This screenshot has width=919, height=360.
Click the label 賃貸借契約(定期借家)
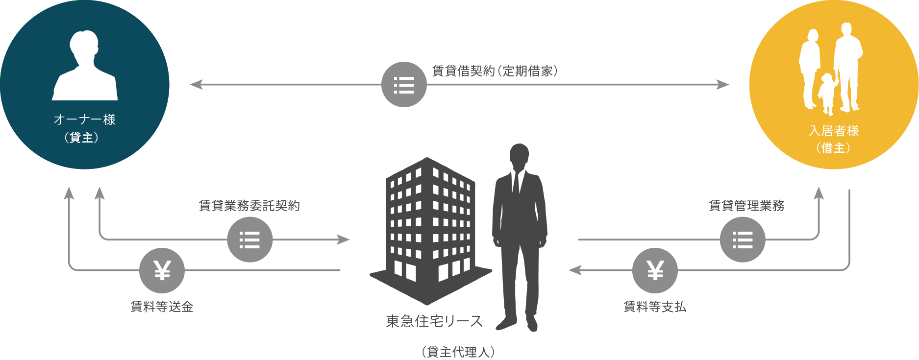click(495, 71)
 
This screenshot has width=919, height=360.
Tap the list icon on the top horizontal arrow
click(404, 85)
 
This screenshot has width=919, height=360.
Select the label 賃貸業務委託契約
click(249, 206)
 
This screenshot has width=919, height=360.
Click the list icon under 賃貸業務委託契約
click(250, 240)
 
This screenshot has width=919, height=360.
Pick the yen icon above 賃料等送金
click(162, 270)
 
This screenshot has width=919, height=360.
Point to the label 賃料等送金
click(162, 307)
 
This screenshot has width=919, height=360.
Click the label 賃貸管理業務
click(746, 206)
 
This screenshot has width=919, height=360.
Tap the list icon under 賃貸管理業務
click(743, 240)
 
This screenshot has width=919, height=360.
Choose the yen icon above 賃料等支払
click(655, 270)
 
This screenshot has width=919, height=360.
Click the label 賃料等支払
click(655, 307)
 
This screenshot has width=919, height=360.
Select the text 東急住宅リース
click(434, 321)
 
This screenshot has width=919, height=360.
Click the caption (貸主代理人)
click(458, 352)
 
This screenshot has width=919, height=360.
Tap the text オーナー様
click(84, 120)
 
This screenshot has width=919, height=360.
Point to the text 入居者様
click(834, 131)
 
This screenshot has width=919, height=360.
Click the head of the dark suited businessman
click(519, 156)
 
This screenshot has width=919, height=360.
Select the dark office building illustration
click(430, 230)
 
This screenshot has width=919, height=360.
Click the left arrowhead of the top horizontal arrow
click(196, 85)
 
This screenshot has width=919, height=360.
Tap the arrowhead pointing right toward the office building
click(343, 240)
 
